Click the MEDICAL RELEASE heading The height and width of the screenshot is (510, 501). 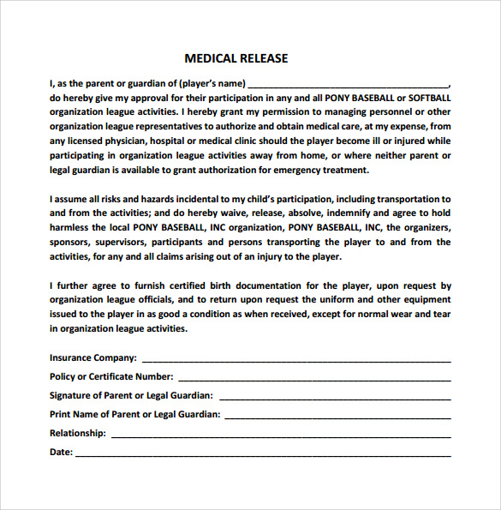click(236, 58)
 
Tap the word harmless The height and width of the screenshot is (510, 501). click(70, 227)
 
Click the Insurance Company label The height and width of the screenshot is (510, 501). click(92, 357)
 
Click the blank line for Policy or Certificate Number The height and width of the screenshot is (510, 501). click(313, 376)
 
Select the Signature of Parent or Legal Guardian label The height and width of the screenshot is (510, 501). click(131, 395)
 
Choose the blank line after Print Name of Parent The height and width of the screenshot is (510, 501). click(337, 414)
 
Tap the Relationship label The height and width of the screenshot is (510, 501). click(78, 433)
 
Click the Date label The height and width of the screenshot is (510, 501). click(61, 452)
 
